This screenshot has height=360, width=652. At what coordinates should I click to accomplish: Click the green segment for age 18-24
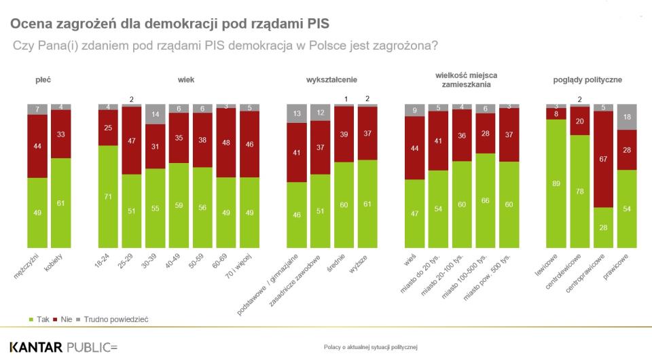coord(108,197)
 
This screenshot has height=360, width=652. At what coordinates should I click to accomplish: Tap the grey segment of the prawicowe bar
coord(627,117)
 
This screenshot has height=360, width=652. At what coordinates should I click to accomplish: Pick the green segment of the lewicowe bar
coord(556,183)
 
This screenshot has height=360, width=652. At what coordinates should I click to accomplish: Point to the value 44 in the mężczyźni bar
coord(38,146)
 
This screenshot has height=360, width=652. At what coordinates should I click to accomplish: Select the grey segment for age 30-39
coord(156,114)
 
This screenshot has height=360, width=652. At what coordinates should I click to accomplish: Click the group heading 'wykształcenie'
coord(333,80)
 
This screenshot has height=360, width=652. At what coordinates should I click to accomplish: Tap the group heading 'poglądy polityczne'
coord(588,80)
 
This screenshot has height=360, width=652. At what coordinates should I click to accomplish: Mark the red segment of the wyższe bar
coord(368,133)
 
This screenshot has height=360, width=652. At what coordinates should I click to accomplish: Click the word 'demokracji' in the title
coord(166,24)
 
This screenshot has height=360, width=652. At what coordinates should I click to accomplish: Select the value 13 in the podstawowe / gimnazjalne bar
coord(297,113)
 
